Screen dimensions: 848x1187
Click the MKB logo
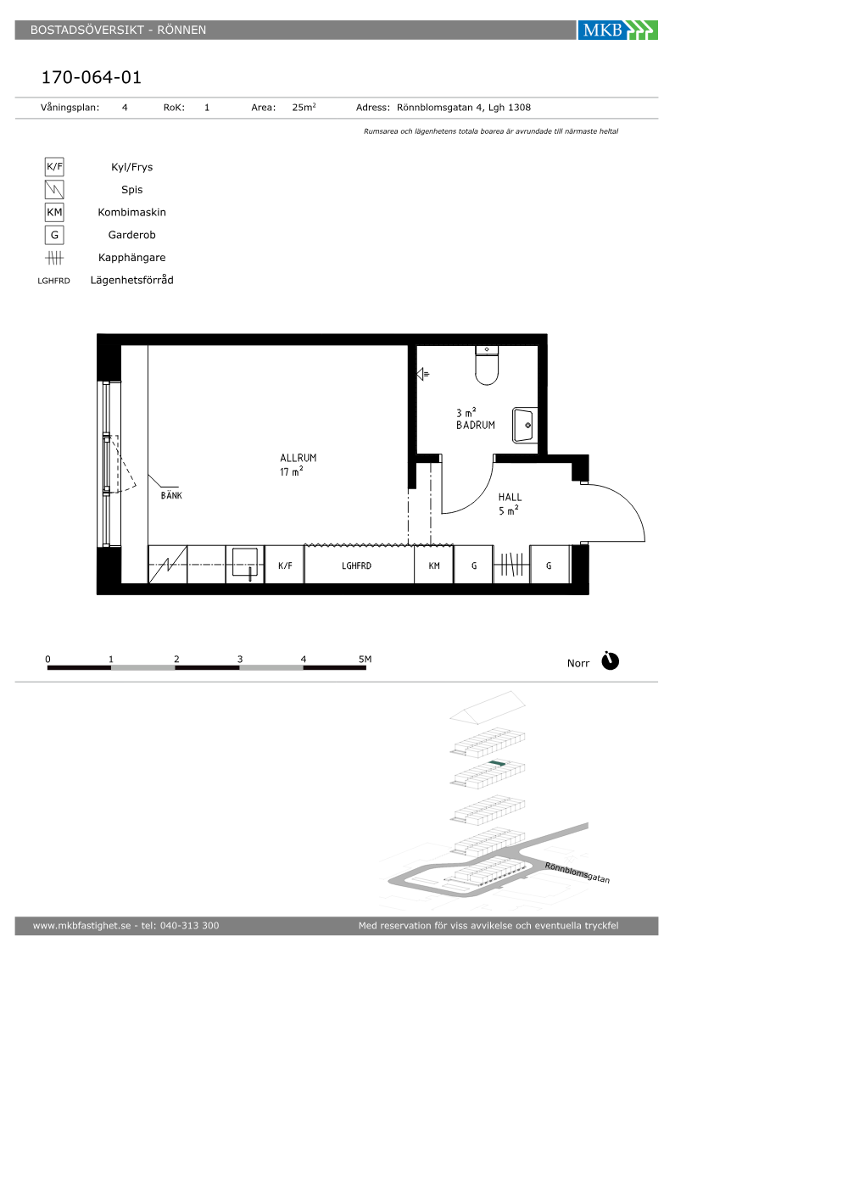click(x=617, y=31)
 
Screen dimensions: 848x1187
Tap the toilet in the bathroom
click(x=487, y=365)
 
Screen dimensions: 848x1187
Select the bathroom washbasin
click(x=525, y=425)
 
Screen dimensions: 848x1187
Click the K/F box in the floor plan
click(x=285, y=565)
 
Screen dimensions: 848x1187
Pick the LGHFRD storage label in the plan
click(x=356, y=566)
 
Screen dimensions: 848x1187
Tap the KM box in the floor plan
click(x=433, y=565)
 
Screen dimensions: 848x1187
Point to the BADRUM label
click(x=476, y=425)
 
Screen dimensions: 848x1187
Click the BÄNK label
click(x=171, y=495)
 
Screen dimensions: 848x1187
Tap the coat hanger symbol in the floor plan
click(x=511, y=565)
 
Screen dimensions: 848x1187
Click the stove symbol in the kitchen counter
click(x=168, y=565)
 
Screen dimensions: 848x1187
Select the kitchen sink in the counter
click(x=245, y=564)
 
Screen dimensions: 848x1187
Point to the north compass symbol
click(x=610, y=661)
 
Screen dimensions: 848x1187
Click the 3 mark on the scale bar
click(x=239, y=660)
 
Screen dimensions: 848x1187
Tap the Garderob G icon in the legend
click(x=54, y=235)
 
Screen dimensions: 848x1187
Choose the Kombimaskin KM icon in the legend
click(x=54, y=212)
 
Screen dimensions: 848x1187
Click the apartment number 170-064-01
click(x=92, y=77)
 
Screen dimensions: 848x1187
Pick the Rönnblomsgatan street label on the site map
click(x=577, y=872)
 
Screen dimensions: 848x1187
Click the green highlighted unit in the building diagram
click(x=497, y=763)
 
